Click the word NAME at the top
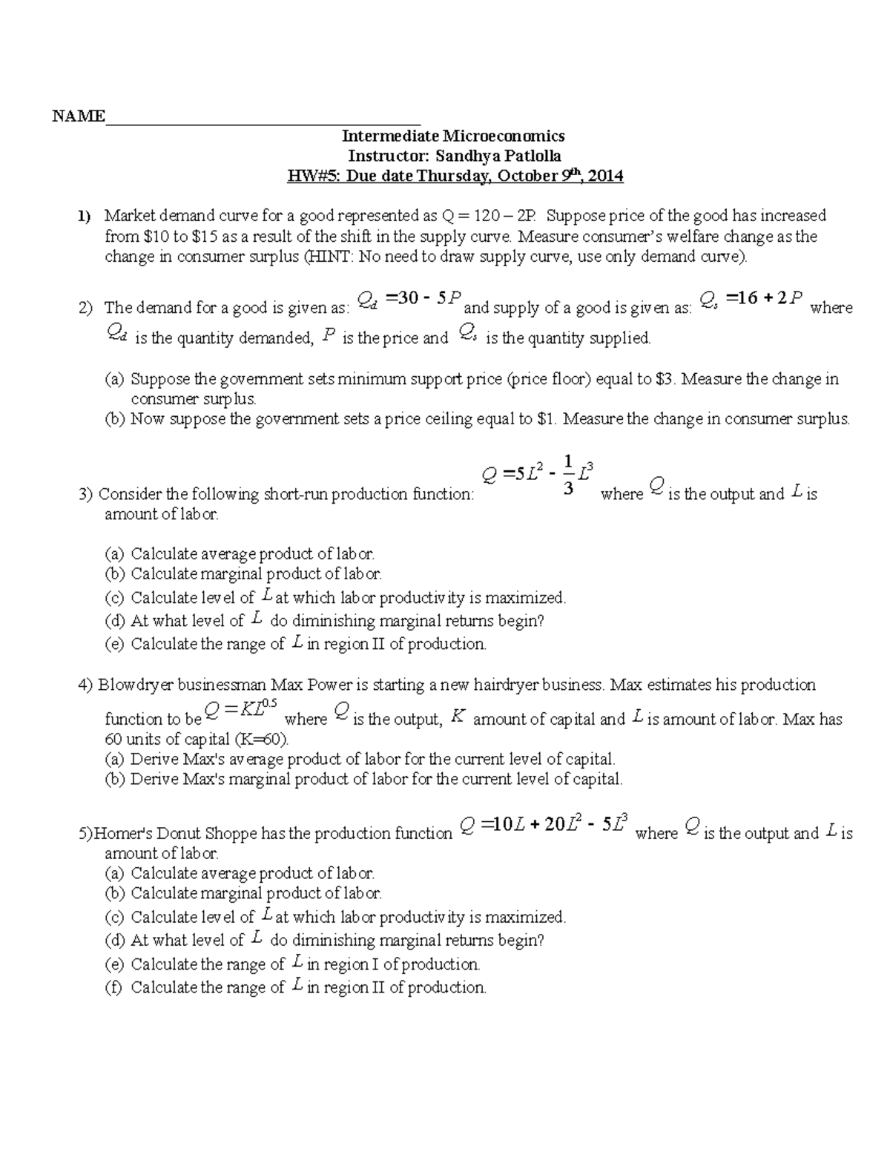pyautogui.click(x=78, y=116)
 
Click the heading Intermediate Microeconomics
pyautogui.click(x=452, y=136)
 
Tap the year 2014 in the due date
pyautogui.click(x=605, y=177)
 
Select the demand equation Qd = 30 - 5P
pyautogui.click(x=409, y=299)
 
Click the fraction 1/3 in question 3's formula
pyautogui.click(x=567, y=475)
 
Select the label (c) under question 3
pyautogui.click(x=115, y=598)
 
